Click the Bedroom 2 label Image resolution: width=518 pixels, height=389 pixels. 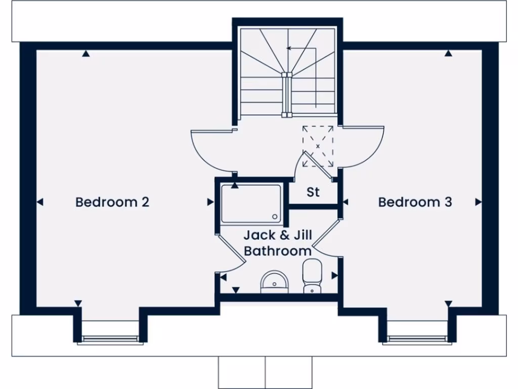tap(112, 202)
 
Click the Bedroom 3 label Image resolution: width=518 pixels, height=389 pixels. tap(415, 202)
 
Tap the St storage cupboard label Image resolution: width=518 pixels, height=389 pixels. tap(313, 192)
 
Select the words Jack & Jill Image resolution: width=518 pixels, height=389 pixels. tap(278, 236)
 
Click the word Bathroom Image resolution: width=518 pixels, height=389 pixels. tap(278, 251)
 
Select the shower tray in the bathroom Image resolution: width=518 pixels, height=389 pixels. tap(251, 203)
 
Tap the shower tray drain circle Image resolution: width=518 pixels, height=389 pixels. tap(275, 216)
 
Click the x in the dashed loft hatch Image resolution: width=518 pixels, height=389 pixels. tap(318, 146)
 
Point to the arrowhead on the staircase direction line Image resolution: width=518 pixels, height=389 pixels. tap(289, 49)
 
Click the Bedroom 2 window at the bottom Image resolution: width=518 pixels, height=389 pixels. tap(110, 339)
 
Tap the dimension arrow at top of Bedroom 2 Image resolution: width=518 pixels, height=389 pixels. tap(86, 53)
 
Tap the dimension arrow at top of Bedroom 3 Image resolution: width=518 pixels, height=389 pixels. tap(448, 53)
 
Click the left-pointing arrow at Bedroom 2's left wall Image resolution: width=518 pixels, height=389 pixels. tap(40, 202)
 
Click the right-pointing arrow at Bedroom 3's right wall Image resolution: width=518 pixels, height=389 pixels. tap(478, 202)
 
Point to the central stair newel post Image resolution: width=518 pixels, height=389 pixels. tap(287, 94)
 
